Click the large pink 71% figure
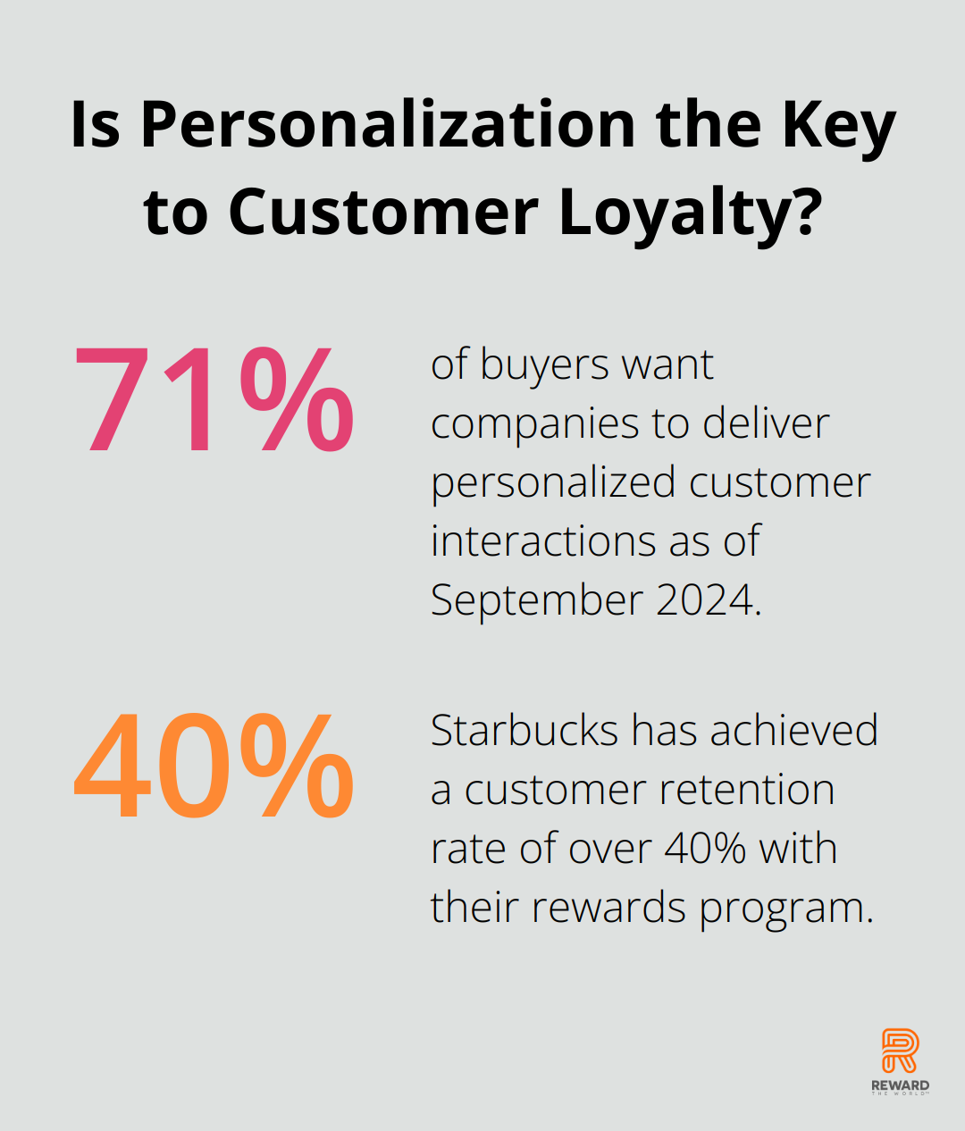[x=214, y=399]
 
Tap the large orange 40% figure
[x=214, y=765]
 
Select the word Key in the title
[x=839, y=130]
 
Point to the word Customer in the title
[x=383, y=211]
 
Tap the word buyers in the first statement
[x=544, y=366]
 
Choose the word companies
[x=535, y=427]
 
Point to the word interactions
[x=543, y=541]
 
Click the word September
[x=537, y=601]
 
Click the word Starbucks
[x=524, y=730]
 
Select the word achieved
[x=794, y=730]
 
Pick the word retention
[x=747, y=790]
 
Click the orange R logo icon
[x=900, y=1051]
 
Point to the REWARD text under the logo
[x=900, y=1085]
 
